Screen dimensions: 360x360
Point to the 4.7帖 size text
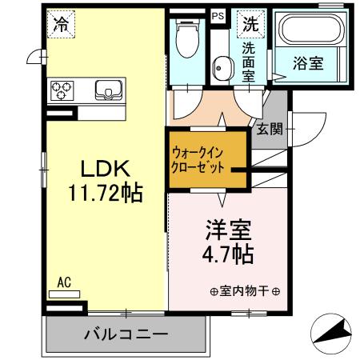(226, 254)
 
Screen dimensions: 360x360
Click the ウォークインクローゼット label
(198, 160)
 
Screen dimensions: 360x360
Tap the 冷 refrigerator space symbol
(61, 24)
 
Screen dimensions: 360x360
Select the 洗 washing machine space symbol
(251, 24)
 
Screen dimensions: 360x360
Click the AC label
(66, 282)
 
